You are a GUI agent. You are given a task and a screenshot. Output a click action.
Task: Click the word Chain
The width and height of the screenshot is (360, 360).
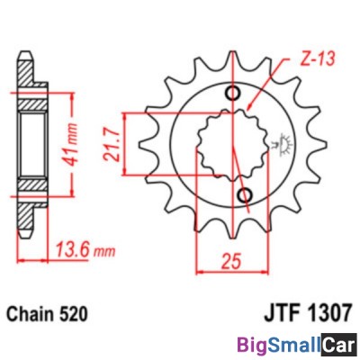point(32,316)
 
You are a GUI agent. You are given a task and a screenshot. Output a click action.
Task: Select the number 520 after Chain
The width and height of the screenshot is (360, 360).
point(75,316)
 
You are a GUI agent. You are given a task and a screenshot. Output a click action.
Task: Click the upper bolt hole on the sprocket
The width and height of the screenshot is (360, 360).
point(236,94)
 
